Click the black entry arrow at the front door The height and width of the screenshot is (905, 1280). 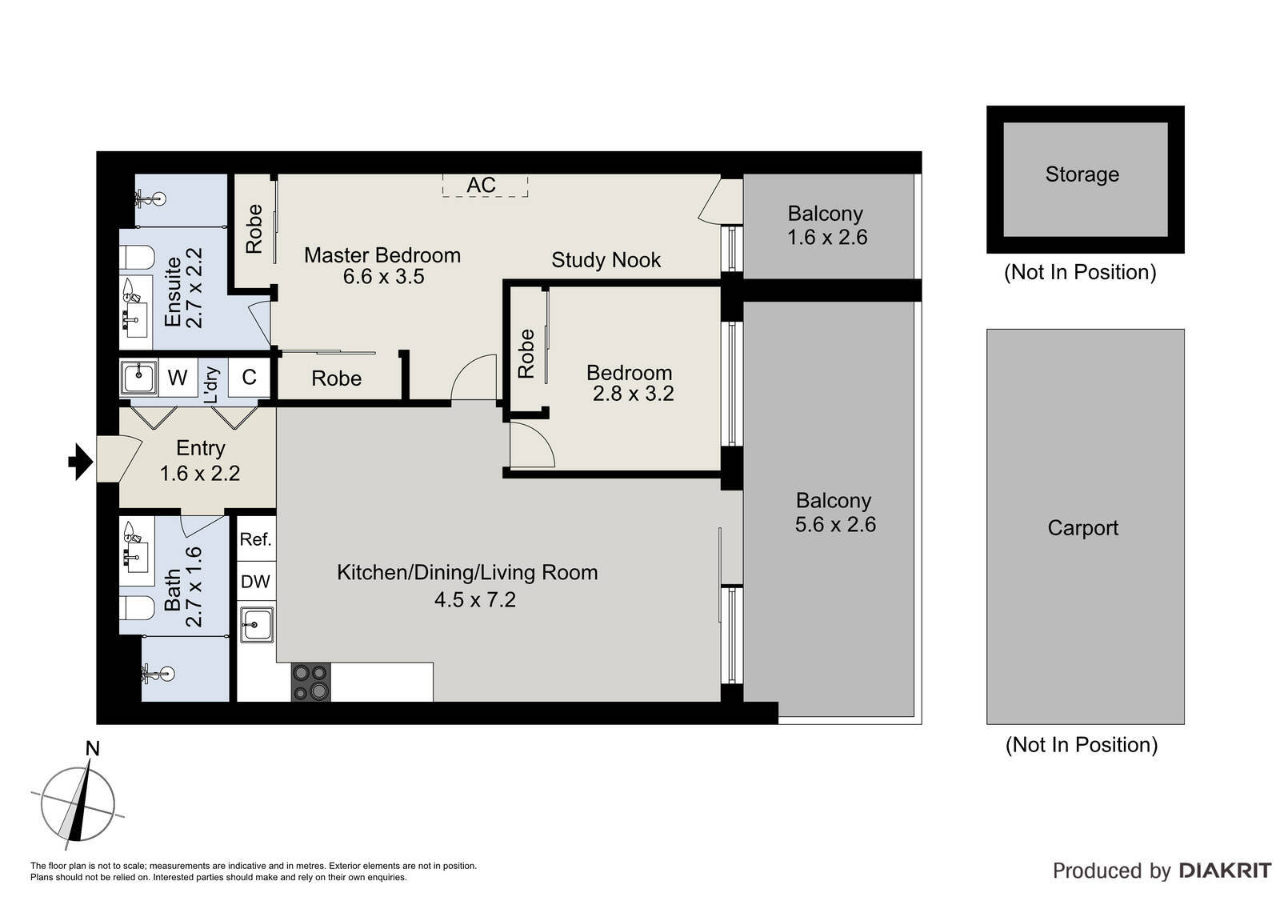point(81,461)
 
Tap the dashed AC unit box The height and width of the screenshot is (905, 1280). point(485,185)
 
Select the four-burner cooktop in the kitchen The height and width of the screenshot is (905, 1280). point(311,682)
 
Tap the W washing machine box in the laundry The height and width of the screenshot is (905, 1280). point(178,378)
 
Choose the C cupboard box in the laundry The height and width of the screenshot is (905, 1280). point(249,378)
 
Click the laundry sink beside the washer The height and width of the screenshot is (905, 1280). point(138,378)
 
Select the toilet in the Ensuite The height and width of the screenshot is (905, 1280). point(137,258)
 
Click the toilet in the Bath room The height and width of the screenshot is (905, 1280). point(137,608)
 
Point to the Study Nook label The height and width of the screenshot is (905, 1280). point(606,260)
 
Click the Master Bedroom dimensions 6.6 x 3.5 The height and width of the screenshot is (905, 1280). point(383,277)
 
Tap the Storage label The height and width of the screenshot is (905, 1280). point(1082,174)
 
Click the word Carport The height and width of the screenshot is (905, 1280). point(1083,527)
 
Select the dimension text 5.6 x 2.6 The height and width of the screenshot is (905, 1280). point(835,524)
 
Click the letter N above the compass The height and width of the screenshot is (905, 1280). point(92,748)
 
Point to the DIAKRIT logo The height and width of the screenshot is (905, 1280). point(1225,870)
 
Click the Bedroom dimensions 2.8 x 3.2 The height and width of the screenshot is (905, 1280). point(633,394)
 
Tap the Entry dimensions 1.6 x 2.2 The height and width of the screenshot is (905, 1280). point(199,474)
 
